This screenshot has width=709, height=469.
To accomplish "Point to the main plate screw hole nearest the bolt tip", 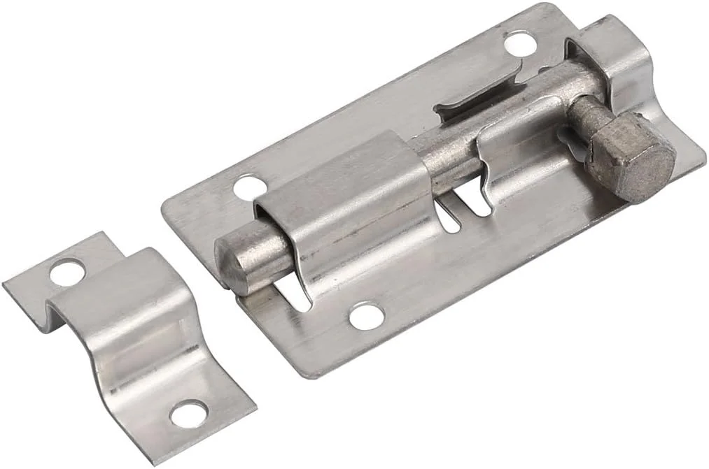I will tap(251, 187).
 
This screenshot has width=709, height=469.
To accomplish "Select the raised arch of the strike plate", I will tap(119, 308).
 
